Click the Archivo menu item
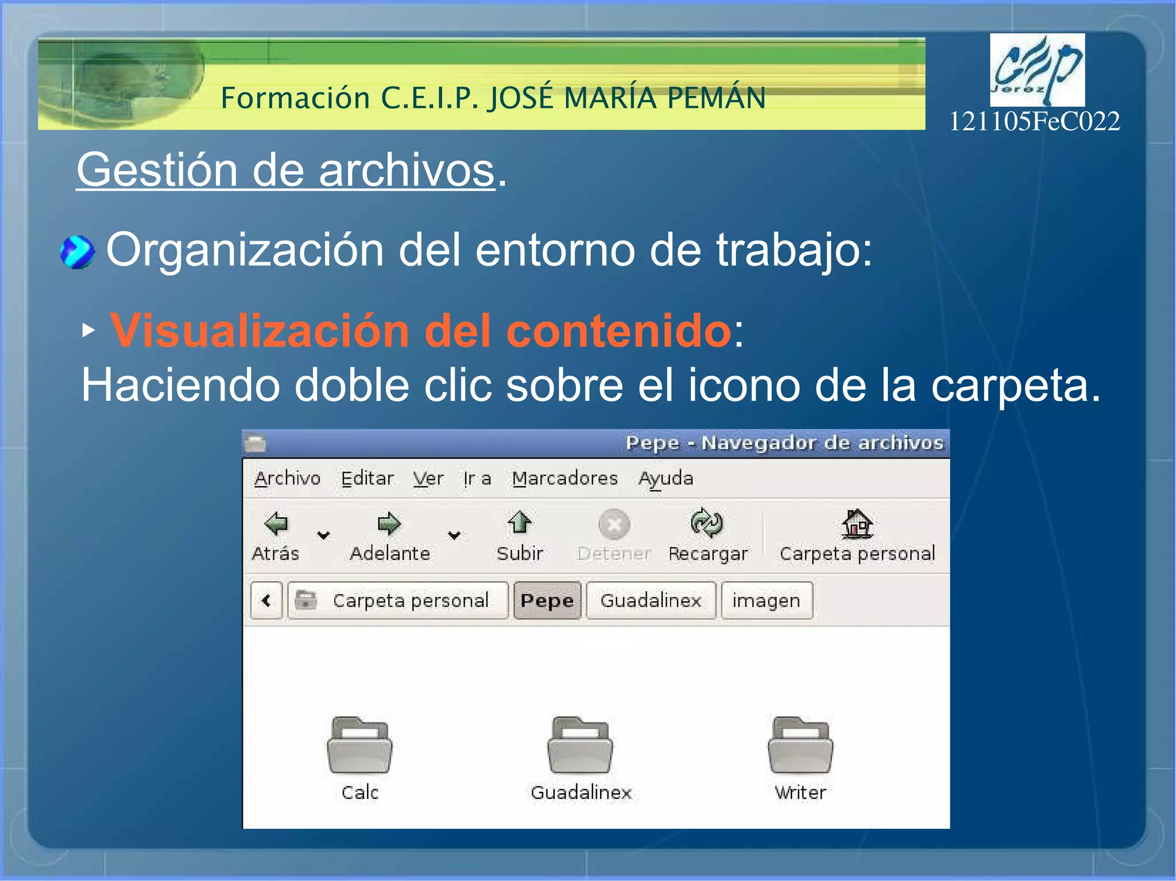coord(287,478)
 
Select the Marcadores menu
coord(564,478)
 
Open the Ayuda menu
coord(666,478)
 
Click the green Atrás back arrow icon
coord(276,523)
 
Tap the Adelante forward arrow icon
coord(389,523)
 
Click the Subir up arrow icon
coord(520,522)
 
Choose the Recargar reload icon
coord(707,523)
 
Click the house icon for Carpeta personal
coord(857,523)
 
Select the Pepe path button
coord(547,600)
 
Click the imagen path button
coord(766,600)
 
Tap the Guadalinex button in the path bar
coord(651,600)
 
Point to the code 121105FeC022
coord(1034,122)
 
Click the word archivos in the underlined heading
coord(407,170)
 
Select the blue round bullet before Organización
coord(78,252)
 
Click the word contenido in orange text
coord(618,331)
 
